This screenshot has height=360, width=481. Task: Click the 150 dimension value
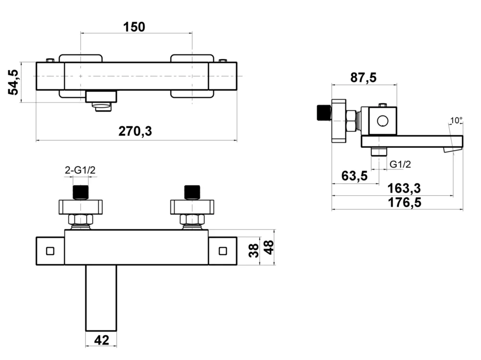(x=134, y=27)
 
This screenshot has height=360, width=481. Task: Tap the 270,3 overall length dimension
(x=135, y=131)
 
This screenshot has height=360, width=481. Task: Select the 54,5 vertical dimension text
(x=14, y=82)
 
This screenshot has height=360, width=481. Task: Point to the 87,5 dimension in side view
(x=363, y=77)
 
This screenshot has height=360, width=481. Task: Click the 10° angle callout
(x=456, y=120)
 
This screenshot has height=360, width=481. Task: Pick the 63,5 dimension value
(x=354, y=176)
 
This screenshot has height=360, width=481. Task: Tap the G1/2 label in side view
(x=400, y=164)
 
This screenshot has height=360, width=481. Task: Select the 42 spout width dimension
(x=101, y=340)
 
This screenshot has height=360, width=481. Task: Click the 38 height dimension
(x=254, y=250)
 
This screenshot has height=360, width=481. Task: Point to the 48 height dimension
(x=269, y=247)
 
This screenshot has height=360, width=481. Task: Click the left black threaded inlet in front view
(x=81, y=192)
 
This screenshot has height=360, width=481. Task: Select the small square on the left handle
(x=50, y=251)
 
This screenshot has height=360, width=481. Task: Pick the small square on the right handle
(x=223, y=251)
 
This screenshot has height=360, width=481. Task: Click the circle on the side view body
(x=383, y=120)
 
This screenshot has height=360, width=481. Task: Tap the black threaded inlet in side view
(x=323, y=113)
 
